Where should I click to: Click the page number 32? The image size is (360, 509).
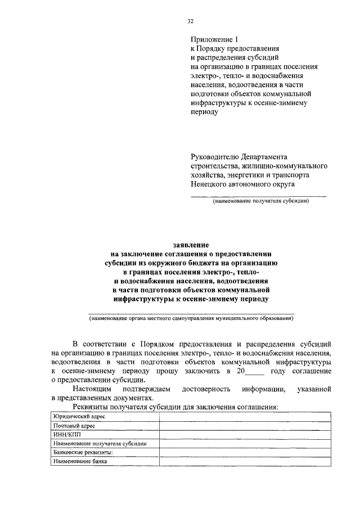point(190,22)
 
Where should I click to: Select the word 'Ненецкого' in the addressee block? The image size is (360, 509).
point(212,183)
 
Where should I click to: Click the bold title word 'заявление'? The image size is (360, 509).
point(190,245)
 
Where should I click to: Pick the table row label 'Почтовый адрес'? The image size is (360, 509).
point(74,426)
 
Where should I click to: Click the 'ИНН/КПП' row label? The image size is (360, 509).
point(65,435)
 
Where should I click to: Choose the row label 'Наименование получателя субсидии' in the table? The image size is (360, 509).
point(100,444)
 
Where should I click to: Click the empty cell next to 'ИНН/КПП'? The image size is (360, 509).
point(245,435)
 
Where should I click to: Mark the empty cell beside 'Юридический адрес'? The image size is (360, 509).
point(245,417)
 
